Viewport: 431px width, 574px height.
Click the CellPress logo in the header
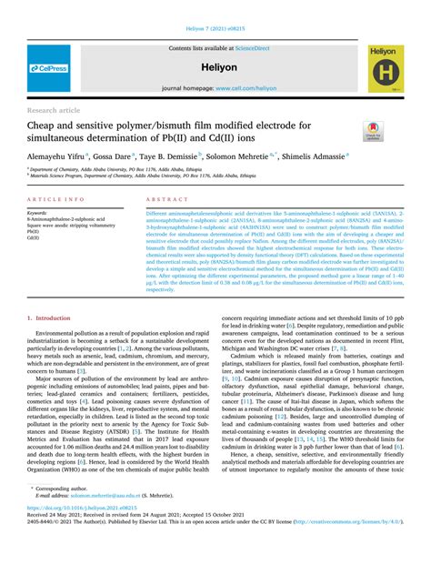click(48, 68)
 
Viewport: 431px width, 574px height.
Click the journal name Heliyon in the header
click(215, 67)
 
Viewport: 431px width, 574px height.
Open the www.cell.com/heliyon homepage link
click(246, 88)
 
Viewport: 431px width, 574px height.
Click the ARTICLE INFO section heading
click(57, 198)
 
